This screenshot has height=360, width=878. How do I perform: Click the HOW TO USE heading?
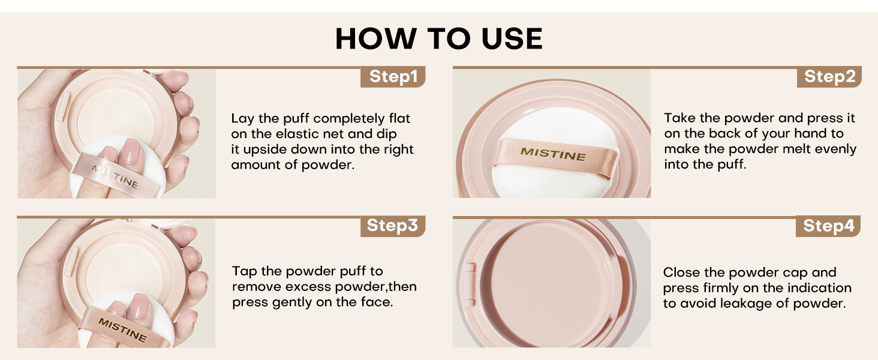tap(439, 39)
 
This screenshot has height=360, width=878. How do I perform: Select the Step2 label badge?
tap(829, 77)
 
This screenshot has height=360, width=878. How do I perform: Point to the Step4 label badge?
tap(829, 226)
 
